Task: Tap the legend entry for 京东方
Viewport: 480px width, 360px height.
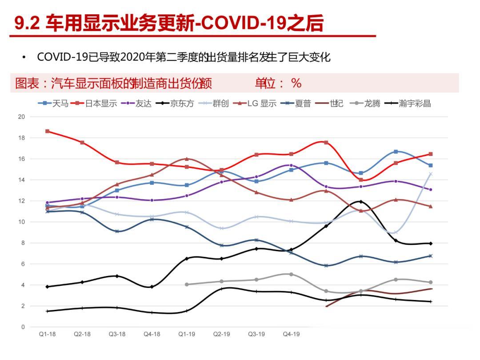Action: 175,104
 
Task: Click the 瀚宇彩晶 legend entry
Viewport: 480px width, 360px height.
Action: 409,104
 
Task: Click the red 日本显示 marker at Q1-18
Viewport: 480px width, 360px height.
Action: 47,131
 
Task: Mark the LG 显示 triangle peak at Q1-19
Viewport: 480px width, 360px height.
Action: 187,159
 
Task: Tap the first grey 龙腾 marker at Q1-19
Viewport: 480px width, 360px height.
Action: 187,284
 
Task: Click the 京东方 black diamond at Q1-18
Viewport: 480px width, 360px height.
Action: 47,287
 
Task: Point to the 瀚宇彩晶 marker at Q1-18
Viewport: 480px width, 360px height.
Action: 47,311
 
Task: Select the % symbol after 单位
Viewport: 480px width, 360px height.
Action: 296,83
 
